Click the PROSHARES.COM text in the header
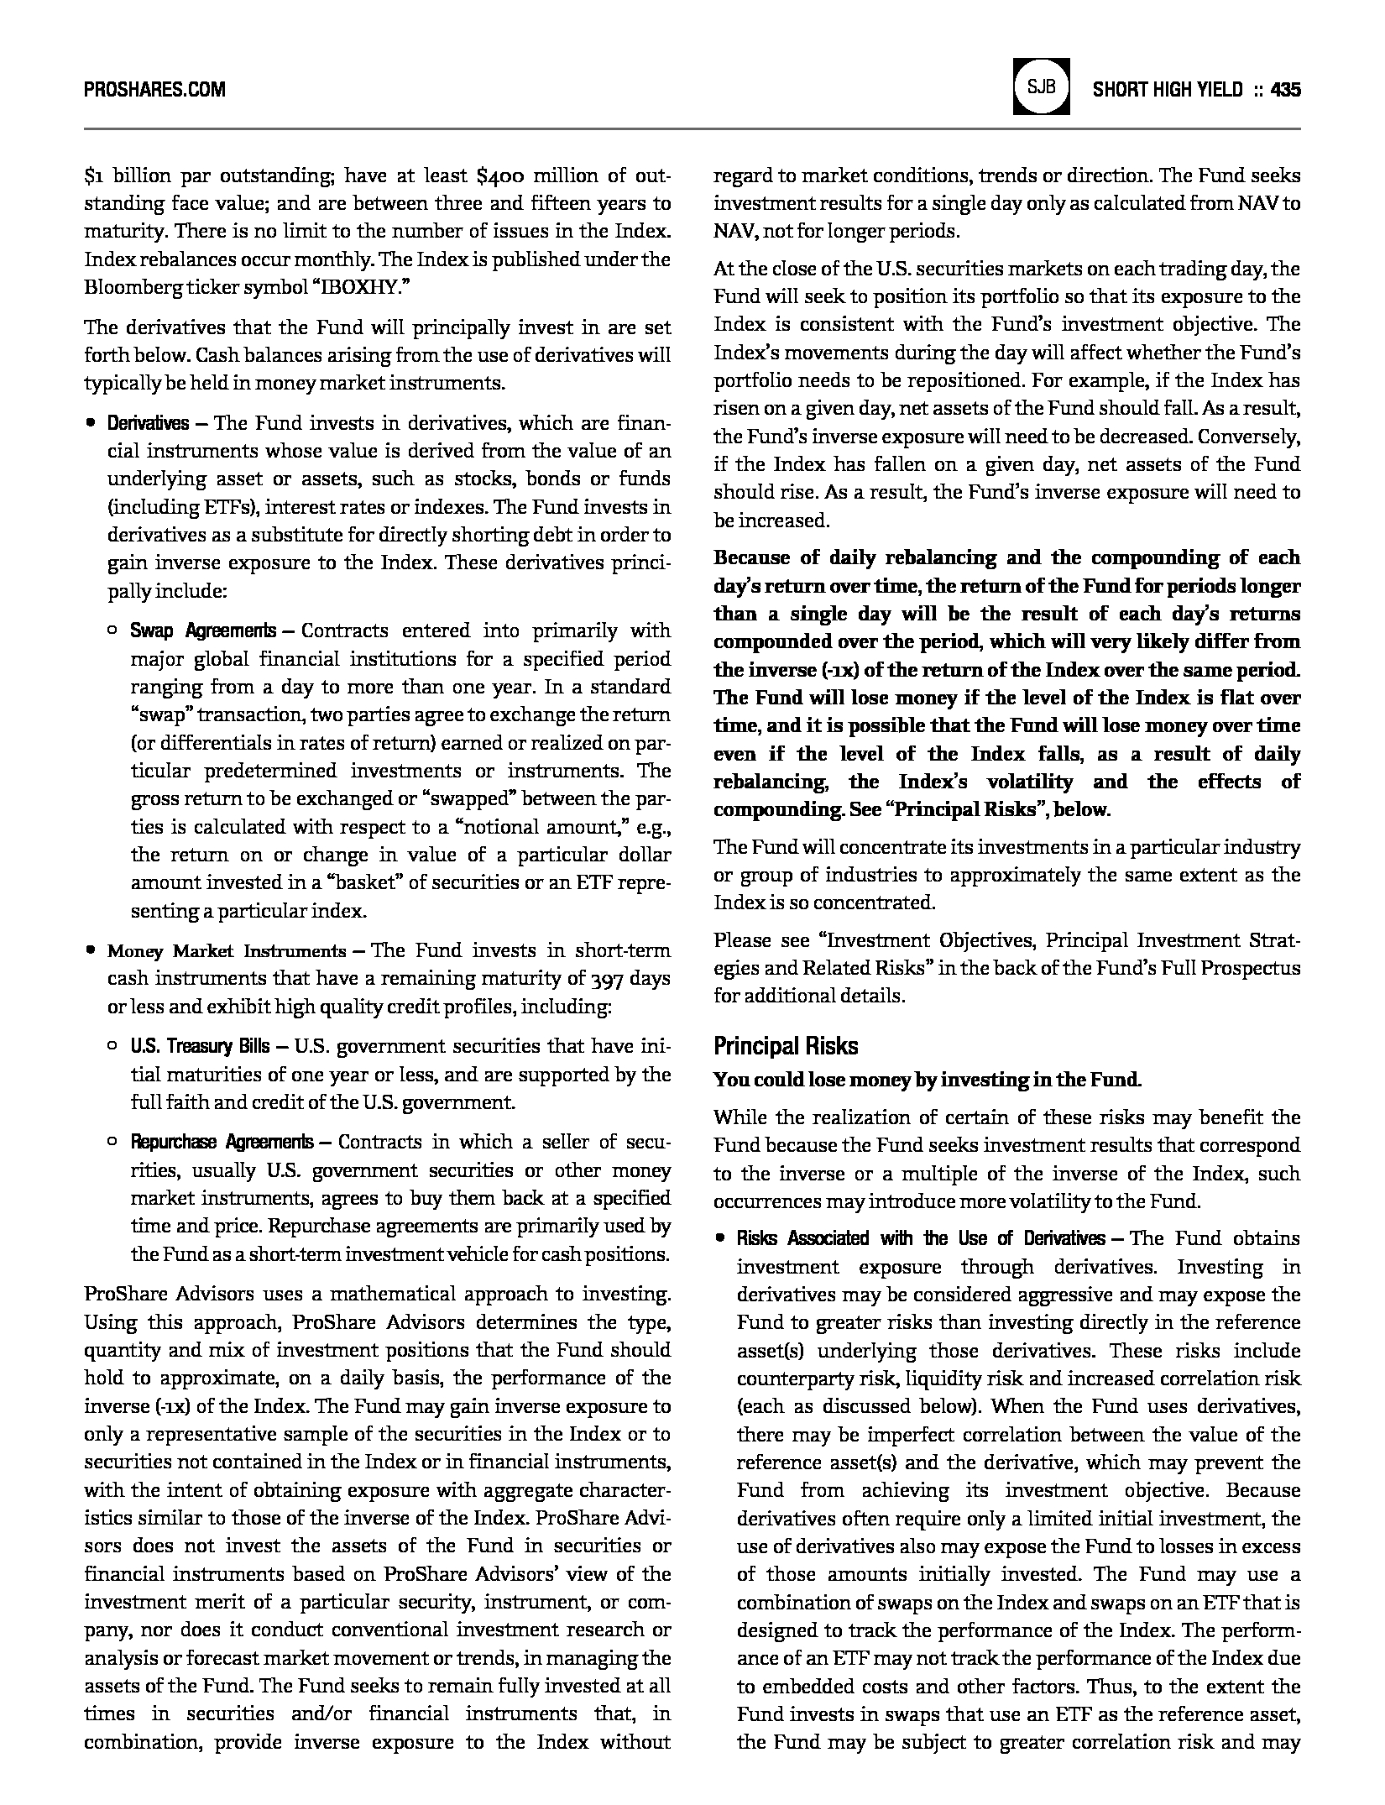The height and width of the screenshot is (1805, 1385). pyautogui.click(x=154, y=90)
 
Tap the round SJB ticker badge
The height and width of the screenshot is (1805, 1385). pyautogui.click(x=1041, y=86)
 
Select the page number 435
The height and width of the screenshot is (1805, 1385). pyautogui.click(x=1285, y=90)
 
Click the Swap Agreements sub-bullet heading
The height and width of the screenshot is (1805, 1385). pyautogui.click(x=202, y=630)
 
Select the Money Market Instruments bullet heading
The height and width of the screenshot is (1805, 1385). pyautogui.click(x=226, y=951)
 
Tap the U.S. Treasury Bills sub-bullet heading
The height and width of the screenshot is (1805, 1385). pyautogui.click(x=200, y=1047)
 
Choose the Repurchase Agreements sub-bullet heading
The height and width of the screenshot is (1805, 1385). pyautogui.click(x=222, y=1143)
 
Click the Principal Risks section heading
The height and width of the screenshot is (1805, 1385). pyautogui.click(x=786, y=1046)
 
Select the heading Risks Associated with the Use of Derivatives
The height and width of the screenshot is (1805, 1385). pyautogui.click(x=920, y=1239)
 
